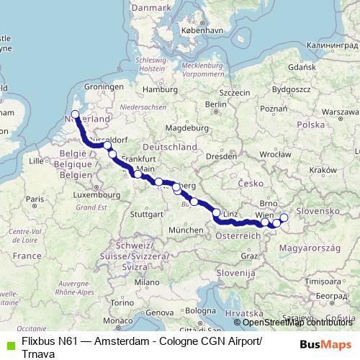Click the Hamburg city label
click(155, 89)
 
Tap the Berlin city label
click(215, 104)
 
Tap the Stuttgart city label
click(148, 214)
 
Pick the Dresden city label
click(220, 156)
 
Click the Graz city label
click(250, 256)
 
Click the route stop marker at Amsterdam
click(76, 114)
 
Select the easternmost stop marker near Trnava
click(283, 217)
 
